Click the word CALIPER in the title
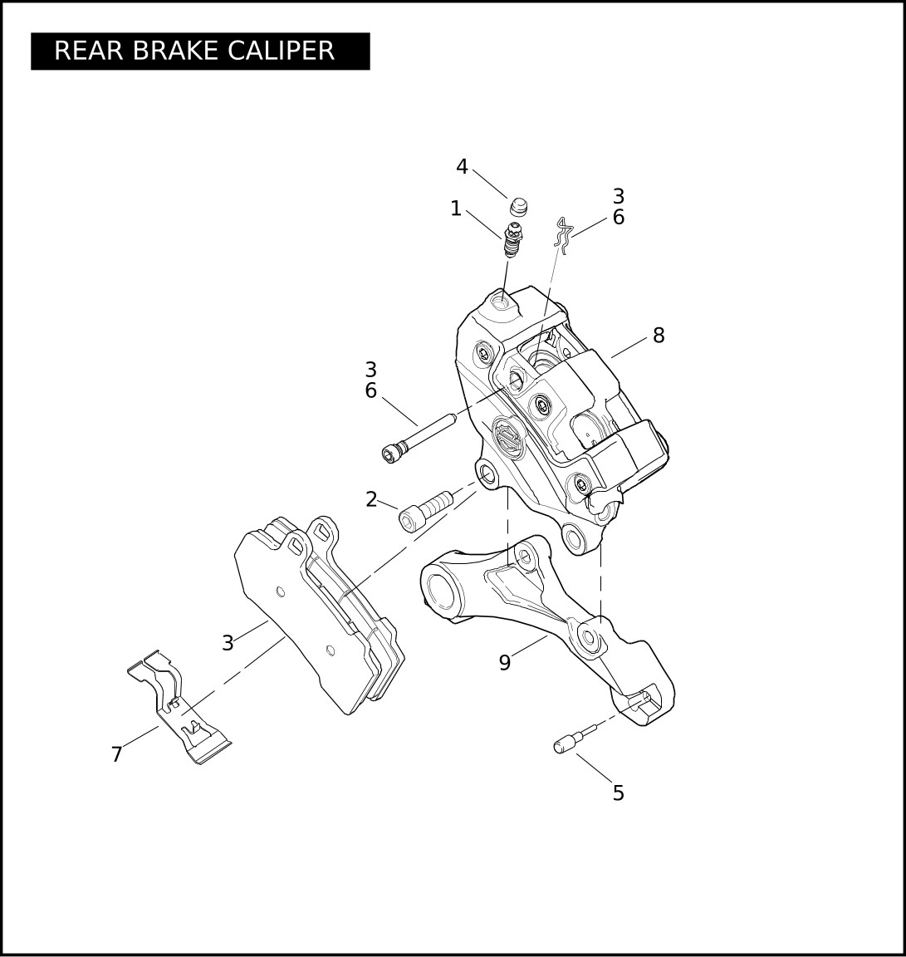click(282, 51)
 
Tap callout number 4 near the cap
click(462, 167)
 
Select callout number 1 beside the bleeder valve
click(455, 209)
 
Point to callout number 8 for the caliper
click(659, 335)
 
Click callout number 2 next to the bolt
click(371, 499)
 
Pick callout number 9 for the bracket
click(505, 663)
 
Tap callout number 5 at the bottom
click(618, 793)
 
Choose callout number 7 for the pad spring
click(116, 755)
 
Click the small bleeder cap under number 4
click(518, 208)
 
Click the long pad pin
click(418, 439)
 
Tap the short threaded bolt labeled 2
click(426, 511)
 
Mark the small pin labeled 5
click(576, 739)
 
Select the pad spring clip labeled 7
click(179, 708)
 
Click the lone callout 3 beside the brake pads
click(228, 643)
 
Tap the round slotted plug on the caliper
click(506, 434)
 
